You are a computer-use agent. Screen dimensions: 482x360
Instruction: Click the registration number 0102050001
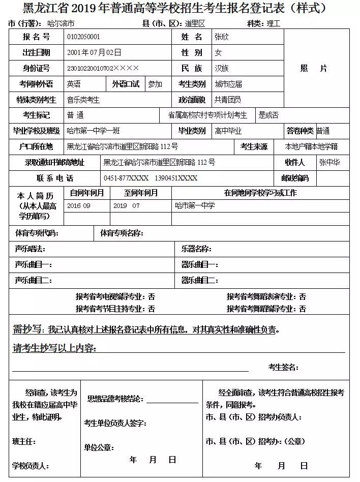[83, 37]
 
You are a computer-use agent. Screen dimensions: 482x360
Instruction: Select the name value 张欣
[222, 37]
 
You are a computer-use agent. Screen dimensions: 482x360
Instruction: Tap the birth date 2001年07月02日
[94, 52]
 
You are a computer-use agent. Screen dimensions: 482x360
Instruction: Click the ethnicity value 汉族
[222, 68]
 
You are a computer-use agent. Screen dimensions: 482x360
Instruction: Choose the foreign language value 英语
[74, 84]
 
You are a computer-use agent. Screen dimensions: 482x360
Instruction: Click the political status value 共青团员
[228, 100]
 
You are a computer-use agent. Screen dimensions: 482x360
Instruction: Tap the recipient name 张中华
[329, 163]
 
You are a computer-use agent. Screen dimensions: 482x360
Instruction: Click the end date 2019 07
[127, 206]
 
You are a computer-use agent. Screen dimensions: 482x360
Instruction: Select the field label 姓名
[192, 37]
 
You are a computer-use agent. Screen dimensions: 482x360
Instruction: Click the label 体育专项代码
[37, 233]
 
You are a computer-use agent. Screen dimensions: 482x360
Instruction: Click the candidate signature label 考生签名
[283, 367]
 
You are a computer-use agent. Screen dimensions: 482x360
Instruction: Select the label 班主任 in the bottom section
[25, 441]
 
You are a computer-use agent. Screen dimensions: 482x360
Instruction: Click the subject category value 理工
[274, 24]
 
